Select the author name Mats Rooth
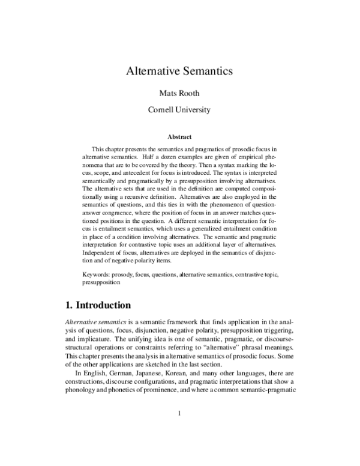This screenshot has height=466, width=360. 180,93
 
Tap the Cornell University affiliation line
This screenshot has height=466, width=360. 180,110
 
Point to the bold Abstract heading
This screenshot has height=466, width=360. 180,136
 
